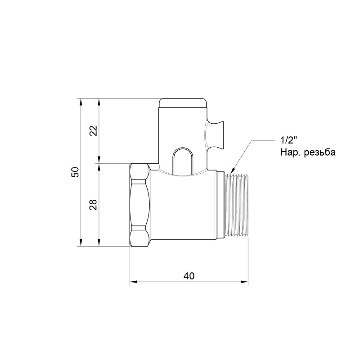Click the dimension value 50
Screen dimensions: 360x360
[x=76, y=172]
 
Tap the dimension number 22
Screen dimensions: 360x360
[x=94, y=130]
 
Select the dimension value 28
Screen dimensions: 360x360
[x=94, y=205]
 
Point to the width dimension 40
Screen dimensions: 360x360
[x=189, y=276]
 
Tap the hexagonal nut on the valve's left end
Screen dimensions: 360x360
[x=139, y=205]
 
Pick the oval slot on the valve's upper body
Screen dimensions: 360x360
[x=183, y=161]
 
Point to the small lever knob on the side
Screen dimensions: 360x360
[x=217, y=134]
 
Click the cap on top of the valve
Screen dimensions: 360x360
[x=183, y=104]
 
